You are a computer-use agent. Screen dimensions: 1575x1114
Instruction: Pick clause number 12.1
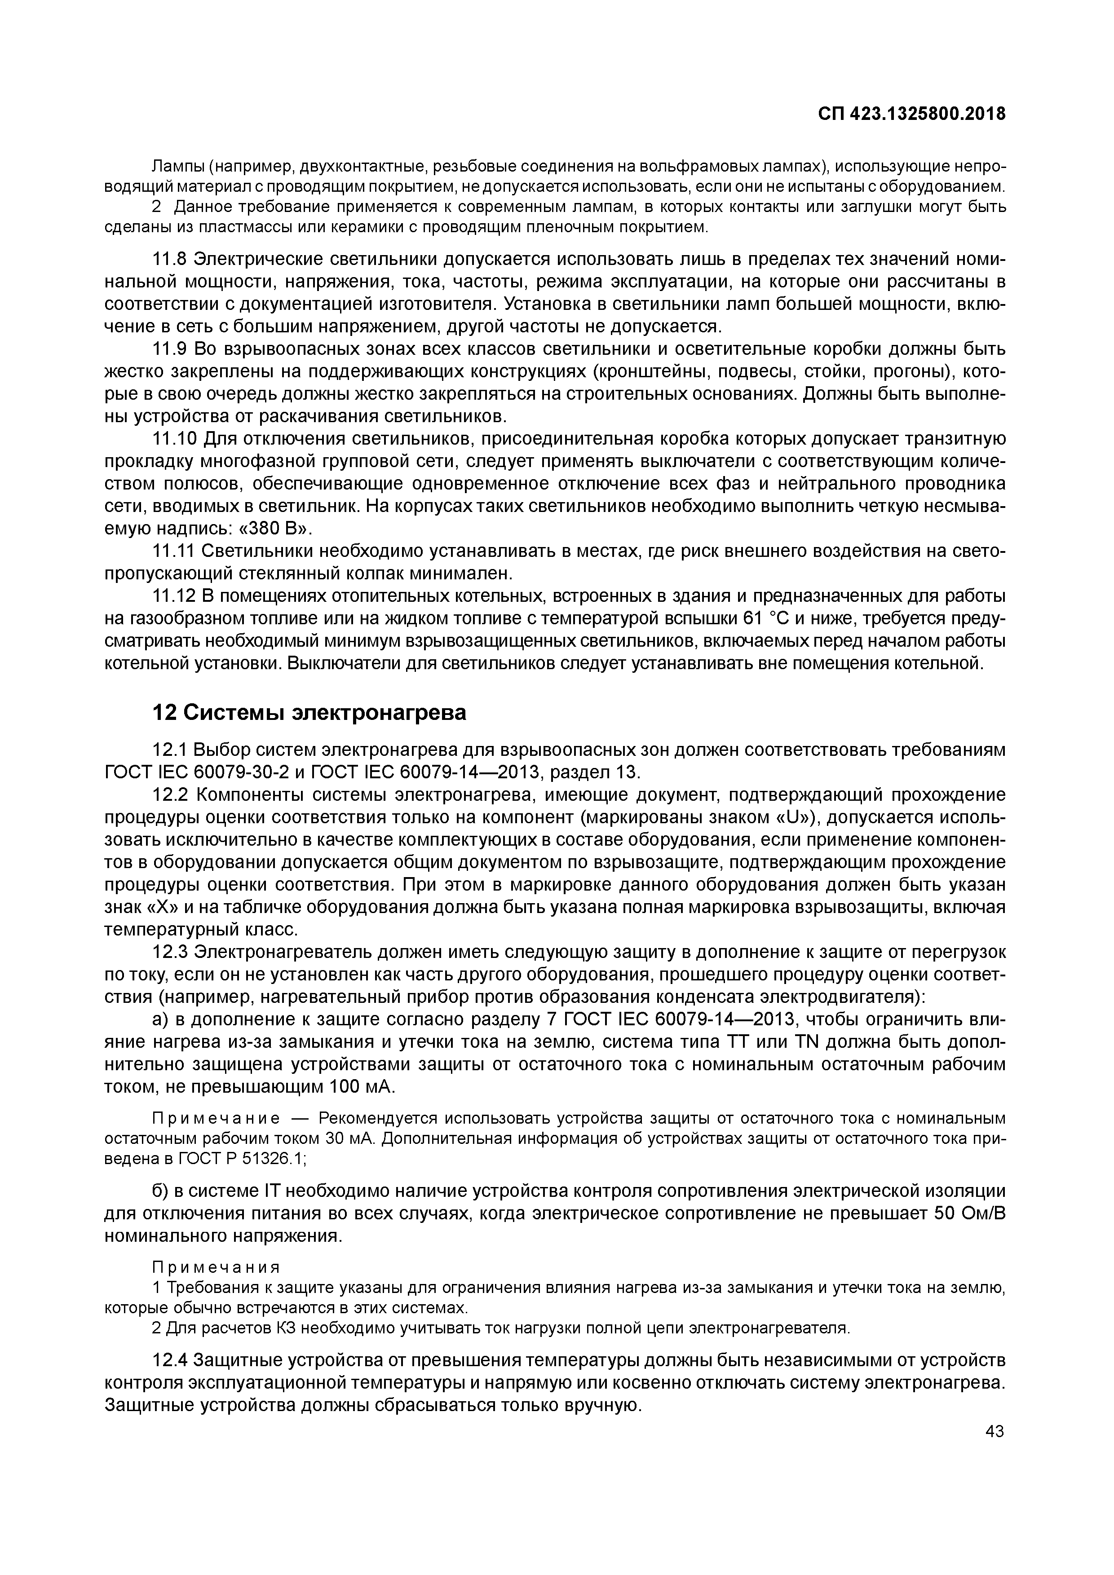point(169,750)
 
